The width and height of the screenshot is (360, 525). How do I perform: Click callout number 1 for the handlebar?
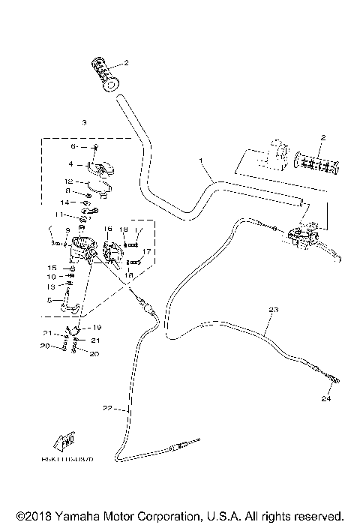tap(201, 161)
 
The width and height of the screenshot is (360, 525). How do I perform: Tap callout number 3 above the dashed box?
tap(85, 122)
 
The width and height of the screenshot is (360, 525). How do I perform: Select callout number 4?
tap(70, 163)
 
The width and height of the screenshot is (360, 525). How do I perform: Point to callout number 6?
tap(73, 147)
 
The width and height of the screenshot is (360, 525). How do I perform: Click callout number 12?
tap(67, 181)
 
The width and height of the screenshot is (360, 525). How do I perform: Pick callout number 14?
tap(65, 202)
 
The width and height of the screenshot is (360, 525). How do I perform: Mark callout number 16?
tap(108, 229)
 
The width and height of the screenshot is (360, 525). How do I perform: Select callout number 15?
tap(52, 268)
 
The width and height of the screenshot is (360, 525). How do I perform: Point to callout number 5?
tap(51, 301)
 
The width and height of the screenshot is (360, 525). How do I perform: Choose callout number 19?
tap(98, 328)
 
